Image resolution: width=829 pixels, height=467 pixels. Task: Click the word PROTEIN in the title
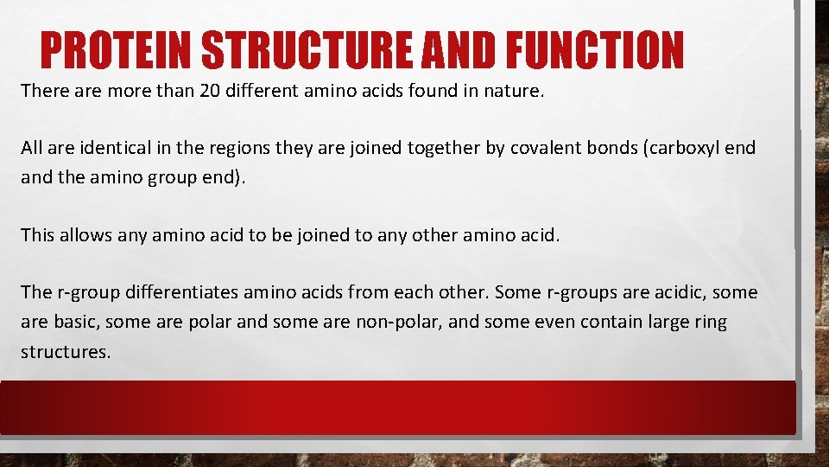click(x=114, y=50)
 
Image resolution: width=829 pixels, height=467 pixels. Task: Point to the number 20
click(x=210, y=91)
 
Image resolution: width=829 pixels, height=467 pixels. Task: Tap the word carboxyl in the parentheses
click(x=680, y=148)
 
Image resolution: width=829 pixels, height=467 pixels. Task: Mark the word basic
click(x=79, y=323)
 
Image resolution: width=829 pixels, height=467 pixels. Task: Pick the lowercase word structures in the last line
click(x=66, y=353)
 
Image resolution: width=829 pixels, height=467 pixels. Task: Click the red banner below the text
click(x=397, y=406)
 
